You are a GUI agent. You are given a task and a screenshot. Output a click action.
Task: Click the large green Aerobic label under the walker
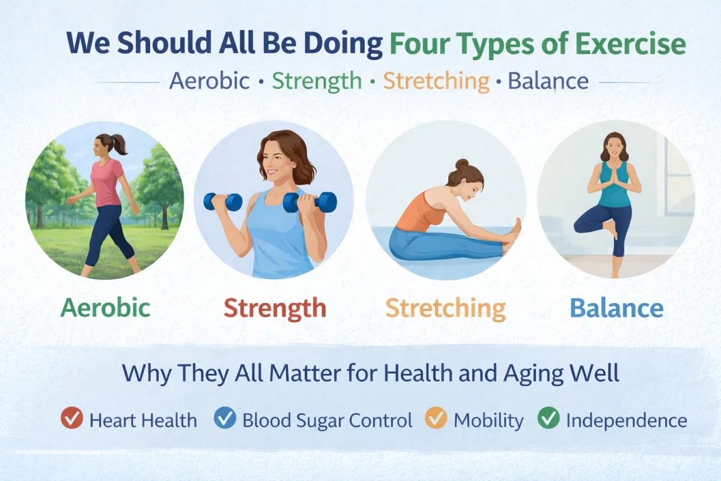coord(106,308)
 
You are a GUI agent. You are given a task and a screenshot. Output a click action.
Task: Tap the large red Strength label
coord(275,308)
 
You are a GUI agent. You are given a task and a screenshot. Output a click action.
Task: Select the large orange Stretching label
coord(445,308)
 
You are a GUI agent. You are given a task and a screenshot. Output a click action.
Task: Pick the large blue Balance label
coord(616,308)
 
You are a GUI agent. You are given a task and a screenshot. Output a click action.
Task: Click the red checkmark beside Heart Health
coord(72,418)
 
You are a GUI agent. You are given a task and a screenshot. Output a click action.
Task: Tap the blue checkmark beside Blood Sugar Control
coord(225,418)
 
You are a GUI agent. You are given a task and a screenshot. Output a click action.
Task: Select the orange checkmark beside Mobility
coord(436,418)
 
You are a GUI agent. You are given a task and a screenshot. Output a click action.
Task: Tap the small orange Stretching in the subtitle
coord(436,81)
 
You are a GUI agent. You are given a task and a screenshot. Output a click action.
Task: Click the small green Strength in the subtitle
coord(317,81)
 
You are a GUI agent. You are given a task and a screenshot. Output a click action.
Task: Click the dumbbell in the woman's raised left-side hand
coord(223,201)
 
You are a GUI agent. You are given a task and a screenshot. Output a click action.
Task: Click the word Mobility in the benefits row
coord(488,420)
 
